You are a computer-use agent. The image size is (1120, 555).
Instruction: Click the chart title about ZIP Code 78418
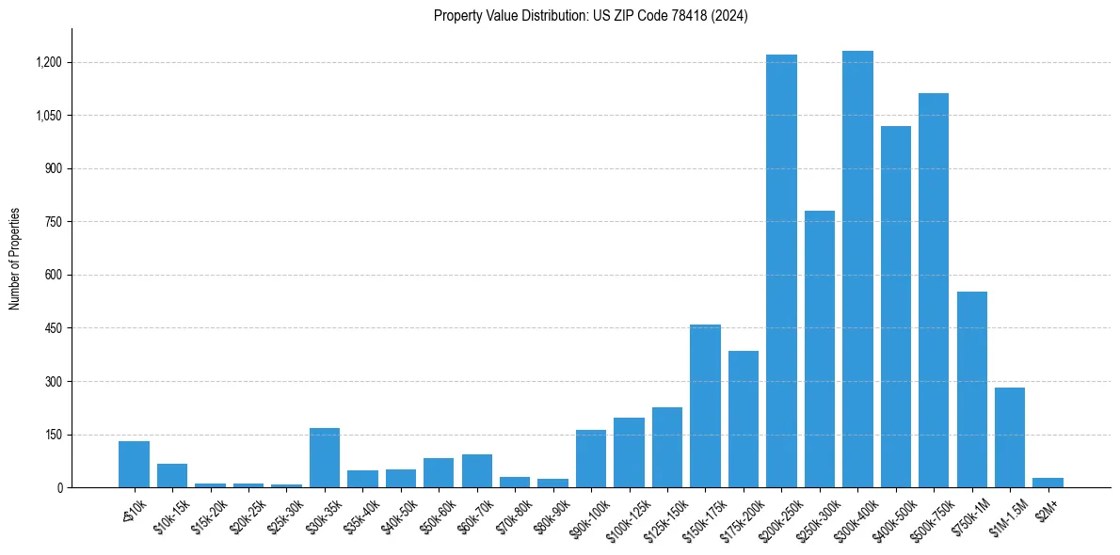pos(590,15)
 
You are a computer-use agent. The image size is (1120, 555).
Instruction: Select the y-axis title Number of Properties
pos(15,259)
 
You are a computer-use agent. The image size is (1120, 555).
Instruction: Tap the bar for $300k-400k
pos(857,269)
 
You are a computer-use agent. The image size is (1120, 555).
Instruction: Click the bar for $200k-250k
pos(781,271)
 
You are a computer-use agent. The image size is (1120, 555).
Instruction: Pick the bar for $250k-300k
pos(819,349)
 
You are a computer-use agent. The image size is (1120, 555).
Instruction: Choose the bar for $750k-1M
pos(971,389)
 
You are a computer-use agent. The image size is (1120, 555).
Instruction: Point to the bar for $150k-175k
pos(705,405)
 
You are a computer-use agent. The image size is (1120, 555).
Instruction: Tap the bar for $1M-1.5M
pos(1010,437)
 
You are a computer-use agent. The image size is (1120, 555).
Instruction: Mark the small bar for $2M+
pos(1048,483)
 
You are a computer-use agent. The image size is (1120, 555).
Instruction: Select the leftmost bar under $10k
pos(134,464)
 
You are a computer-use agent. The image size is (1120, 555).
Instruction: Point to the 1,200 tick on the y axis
pos(48,62)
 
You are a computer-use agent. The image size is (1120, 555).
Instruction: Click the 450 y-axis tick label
pos(53,328)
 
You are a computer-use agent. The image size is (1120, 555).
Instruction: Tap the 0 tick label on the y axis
pos(58,487)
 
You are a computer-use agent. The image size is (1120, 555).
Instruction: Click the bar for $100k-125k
pos(629,452)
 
